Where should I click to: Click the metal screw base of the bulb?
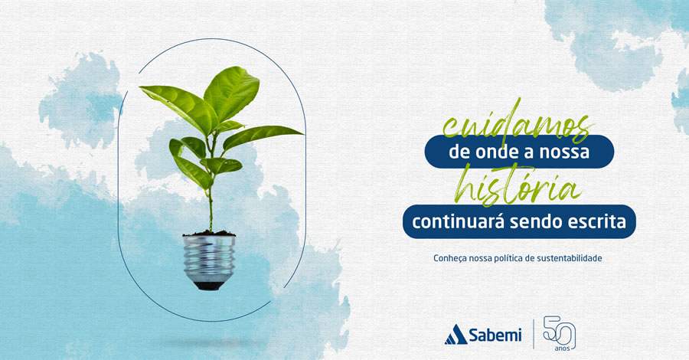[x=209, y=257]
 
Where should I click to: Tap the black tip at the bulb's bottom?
[x=209, y=285]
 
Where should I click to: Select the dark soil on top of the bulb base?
[x=208, y=232]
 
